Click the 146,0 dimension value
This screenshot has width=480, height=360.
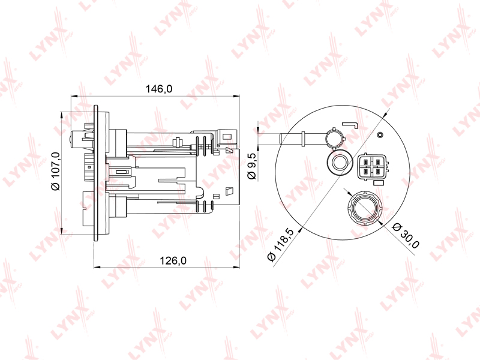tap(158, 89)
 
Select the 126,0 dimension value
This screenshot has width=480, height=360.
tap(173, 260)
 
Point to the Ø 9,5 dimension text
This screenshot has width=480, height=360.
tap(251, 167)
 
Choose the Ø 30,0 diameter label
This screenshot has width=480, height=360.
tap(406, 235)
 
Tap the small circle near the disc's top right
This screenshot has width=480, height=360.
tap(380, 134)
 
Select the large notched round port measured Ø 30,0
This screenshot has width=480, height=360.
tap(365, 208)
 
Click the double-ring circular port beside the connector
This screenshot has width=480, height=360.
tap(339, 163)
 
